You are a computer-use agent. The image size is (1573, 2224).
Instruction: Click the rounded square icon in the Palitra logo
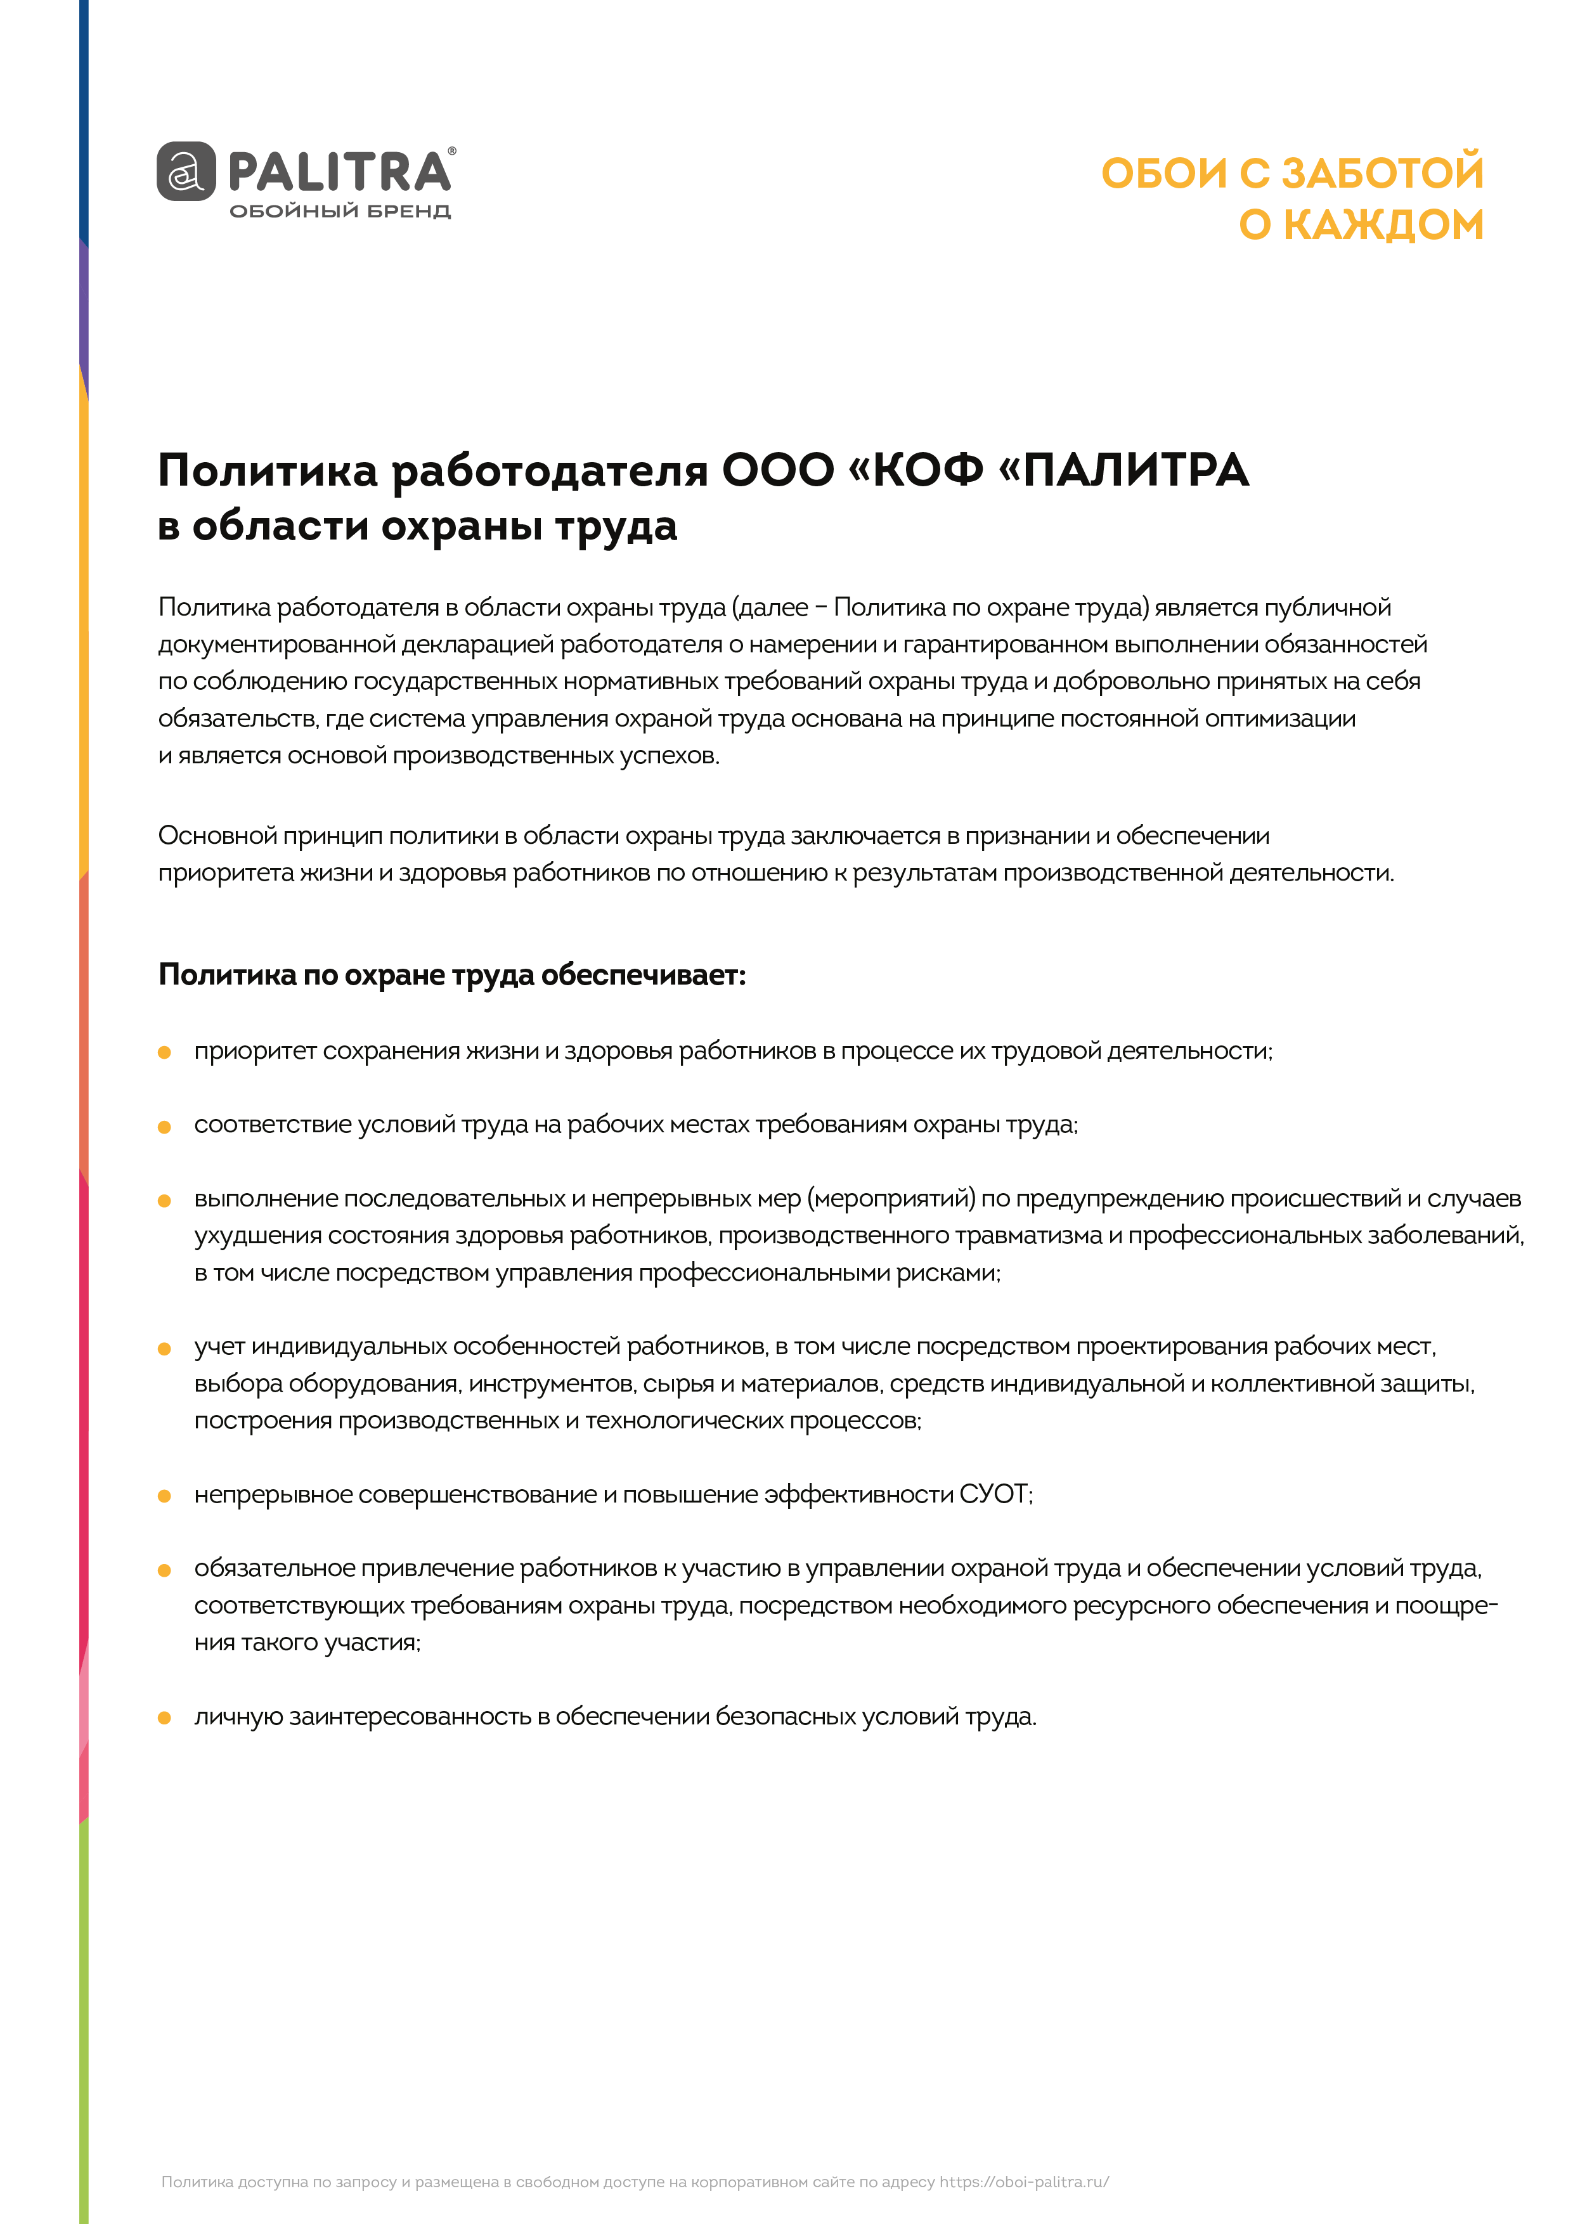[x=186, y=171]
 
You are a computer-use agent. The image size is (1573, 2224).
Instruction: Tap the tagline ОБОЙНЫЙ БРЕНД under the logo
[x=340, y=211]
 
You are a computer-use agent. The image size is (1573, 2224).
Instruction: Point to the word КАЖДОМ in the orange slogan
[x=1383, y=224]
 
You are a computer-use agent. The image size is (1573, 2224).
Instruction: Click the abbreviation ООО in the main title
[x=778, y=471]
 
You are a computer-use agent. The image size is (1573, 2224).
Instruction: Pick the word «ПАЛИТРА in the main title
[x=1123, y=471]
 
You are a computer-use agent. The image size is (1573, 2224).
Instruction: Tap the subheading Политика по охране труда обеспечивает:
[x=452, y=974]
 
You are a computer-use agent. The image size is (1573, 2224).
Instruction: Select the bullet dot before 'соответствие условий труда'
[x=165, y=1127]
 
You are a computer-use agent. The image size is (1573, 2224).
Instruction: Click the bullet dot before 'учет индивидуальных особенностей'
[x=165, y=1348]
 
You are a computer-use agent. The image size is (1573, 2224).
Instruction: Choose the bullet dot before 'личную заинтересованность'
[x=165, y=1717]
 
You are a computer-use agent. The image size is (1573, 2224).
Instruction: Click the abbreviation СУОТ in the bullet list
[x=995, y=1495]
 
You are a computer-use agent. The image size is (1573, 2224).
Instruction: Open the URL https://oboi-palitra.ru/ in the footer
[x=1024, y=2182]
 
